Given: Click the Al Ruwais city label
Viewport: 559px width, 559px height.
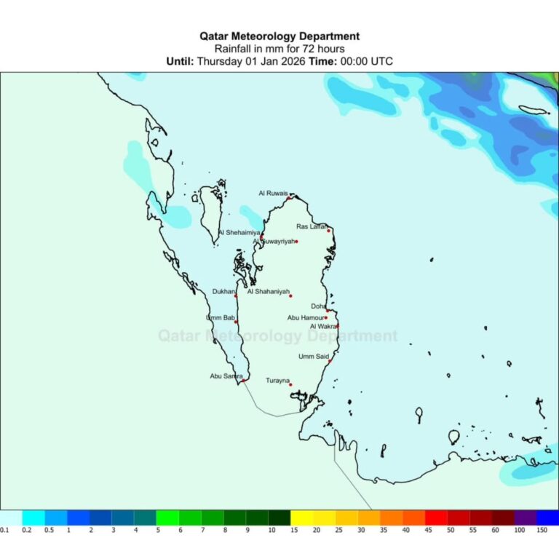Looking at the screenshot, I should [273, 193].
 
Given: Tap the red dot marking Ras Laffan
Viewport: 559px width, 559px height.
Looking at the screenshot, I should [329, 231].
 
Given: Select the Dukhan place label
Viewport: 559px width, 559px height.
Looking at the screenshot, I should [223, 292].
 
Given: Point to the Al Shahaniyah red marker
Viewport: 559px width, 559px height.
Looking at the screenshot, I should [290, 296].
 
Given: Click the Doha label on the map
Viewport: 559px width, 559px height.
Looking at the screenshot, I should [318, 306].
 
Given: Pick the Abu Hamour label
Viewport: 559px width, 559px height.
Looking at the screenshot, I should [306, 317].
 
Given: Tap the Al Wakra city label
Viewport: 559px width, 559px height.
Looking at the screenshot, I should [322, 327].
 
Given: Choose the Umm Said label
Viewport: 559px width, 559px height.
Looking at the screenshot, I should [313, 357].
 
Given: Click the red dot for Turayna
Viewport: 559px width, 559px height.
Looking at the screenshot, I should [290, 385].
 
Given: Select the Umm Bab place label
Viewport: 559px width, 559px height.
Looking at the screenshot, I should [220, 318].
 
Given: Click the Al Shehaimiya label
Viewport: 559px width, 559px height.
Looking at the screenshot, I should [239, 233].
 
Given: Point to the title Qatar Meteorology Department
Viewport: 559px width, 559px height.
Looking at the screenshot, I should [279, 36].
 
